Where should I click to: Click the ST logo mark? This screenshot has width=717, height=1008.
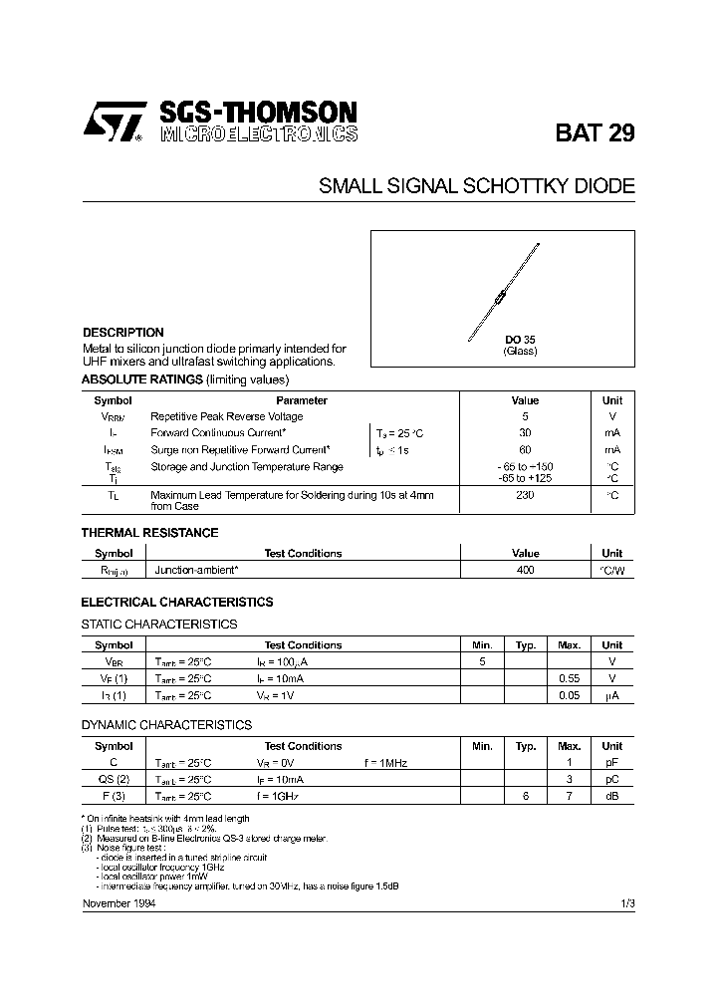pyautogui.click(x=111, y=121)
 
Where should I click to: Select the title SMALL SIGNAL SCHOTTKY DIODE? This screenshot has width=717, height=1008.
pyautogui.click(x=476, y=186)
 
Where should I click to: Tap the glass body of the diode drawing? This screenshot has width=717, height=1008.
pyautogui.click(x=503, y=292)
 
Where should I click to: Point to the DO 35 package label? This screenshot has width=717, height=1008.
pyautogui.click(x=519, y=340)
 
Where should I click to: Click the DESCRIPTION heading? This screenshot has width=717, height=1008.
pyautogui.click(x=122, y=333)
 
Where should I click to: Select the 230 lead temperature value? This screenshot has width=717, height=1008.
pyautogui.click(x=525, y=495)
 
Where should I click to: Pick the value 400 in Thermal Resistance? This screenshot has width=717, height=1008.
pyautogui.click(x=525, y=570)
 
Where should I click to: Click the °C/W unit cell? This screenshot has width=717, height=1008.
pyautogui.click(x=611, y=570)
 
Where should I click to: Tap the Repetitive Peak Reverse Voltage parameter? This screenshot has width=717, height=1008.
pyautogui.click(x=226, y=416)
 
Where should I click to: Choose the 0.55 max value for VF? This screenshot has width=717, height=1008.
pyautogui.click(x=569, y=678)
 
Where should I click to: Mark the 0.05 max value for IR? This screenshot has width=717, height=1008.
pyautogui.click(x=569, y=695)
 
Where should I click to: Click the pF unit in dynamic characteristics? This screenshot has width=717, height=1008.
pyautogui.click(x=611, y=762)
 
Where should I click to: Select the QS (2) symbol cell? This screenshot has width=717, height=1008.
pyautogui.click(x=114, y=779)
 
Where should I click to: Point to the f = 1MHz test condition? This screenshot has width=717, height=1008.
pyautogui.click(x=385, y=762)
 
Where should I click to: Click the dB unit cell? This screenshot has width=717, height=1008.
pyautogui.click(x=611, y=796)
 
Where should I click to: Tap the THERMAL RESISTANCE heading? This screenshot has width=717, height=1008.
pyautogui.click(x=149, y=533)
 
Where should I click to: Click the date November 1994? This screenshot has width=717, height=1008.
pyautogui.click(x=118, y=902)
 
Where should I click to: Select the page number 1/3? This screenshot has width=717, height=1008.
pyautogui.click(x=626, y=902)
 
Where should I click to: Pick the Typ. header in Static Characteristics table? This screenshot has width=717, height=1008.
pyautogui.click(x=526, y=644)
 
